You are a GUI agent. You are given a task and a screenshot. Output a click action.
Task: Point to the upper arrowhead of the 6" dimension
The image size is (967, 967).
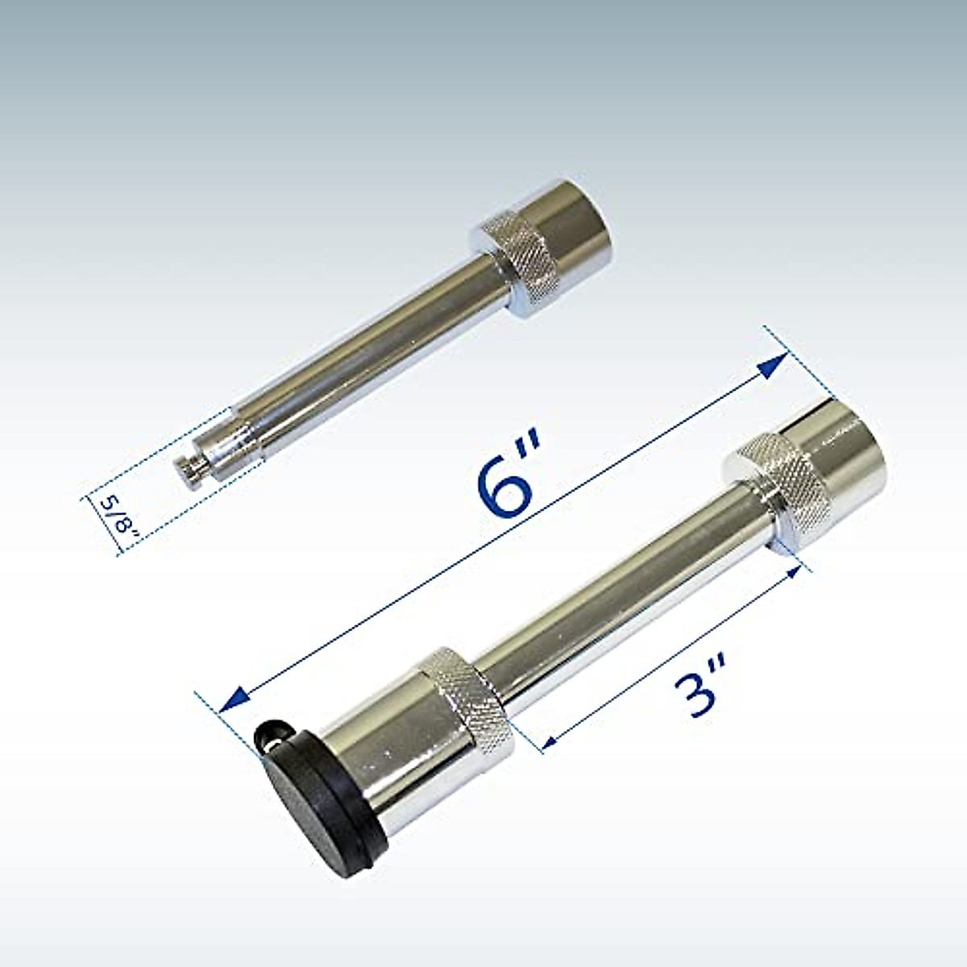(x=774, y=367)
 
